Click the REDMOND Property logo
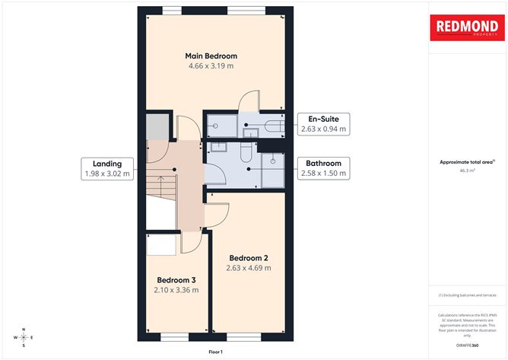tap(467, 29)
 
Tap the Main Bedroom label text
tap(211, 56)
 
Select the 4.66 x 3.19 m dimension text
tap(211, 66)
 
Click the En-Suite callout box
tap(323, 124)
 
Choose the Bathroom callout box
tap(323, 168)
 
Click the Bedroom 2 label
tap(249, 256)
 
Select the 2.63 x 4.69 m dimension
tap(249, 268)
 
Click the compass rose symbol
tap(24, 336)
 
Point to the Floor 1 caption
tap(215, 352)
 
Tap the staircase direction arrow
tap(160, 184)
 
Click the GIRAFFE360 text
tap(467, 344)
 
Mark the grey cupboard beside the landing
tap(156, 126)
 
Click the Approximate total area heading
tap(466, 162)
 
